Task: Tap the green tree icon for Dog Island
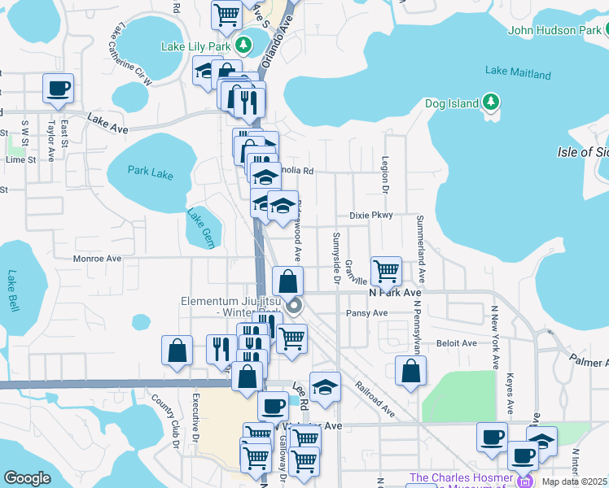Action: point(490,102)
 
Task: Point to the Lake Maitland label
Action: point(518,73)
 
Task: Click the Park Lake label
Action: point(151,172)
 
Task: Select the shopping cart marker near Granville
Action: point(385,269)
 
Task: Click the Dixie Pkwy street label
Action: point(371,216)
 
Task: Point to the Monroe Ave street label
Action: point(97,259)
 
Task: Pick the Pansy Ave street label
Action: point(366,313)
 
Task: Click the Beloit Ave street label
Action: point(457,343)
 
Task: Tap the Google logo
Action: point(27,478)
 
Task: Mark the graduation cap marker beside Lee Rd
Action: point(325,387)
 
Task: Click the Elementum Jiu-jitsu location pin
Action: point(294,307)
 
